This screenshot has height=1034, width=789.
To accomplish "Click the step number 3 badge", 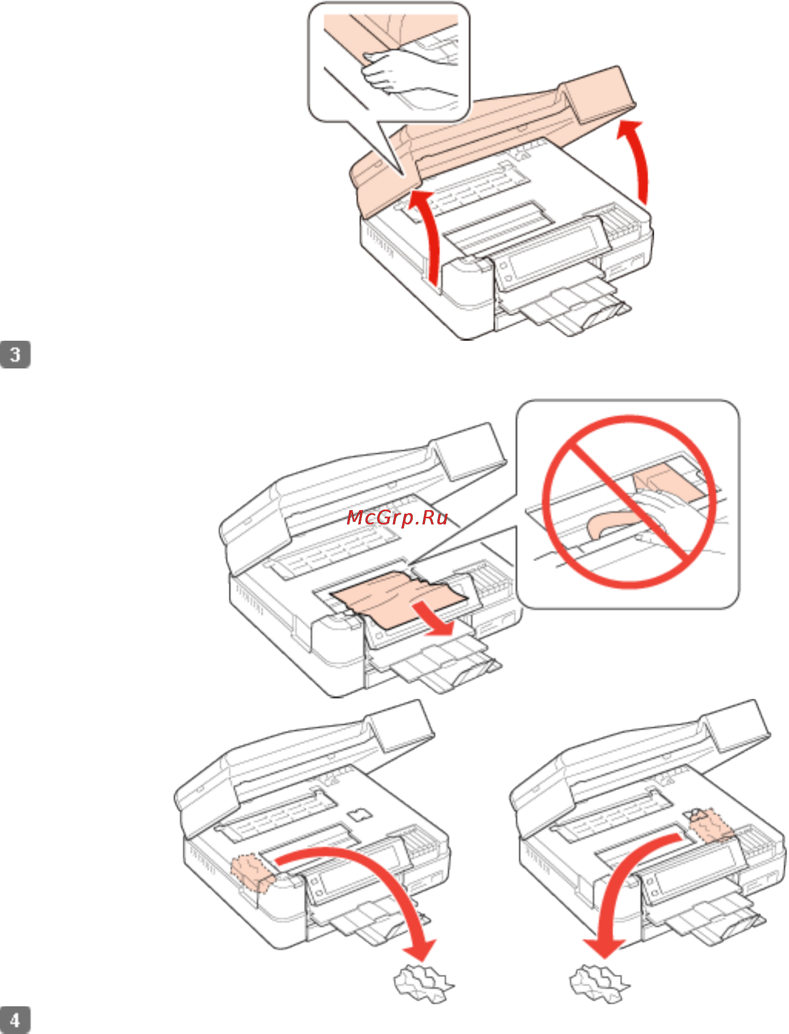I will click(15, 354).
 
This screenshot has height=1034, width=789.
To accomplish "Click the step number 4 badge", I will click(15, 1020).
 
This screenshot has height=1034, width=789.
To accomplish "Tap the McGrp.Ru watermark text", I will click(397, 518).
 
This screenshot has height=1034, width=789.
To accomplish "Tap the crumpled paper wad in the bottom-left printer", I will click(252, 872).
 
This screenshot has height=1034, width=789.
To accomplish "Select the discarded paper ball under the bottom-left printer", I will click(423, 983).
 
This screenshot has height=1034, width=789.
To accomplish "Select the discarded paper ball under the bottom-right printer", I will click(599, 983).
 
